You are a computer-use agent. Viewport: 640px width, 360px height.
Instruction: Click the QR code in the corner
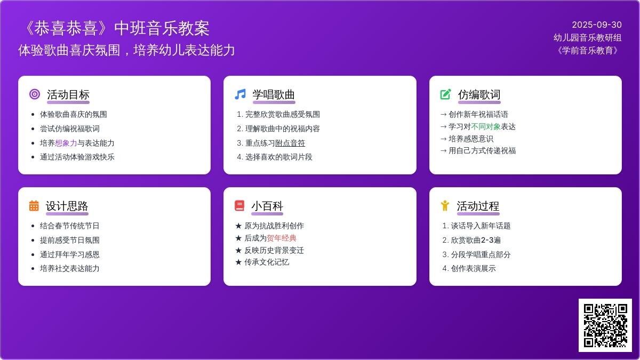point(605,325)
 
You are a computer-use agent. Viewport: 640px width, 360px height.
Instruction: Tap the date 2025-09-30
point(597,25)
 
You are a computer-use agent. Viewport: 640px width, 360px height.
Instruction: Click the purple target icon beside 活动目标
point(35,94)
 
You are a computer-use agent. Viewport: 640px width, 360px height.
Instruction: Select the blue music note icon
point(240,94)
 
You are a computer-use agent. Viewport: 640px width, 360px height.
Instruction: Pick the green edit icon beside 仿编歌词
point(445,94)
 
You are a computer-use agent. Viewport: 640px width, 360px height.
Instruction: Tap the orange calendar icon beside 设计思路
point(34,205)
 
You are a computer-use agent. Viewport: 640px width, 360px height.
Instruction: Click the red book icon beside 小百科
point(239,205)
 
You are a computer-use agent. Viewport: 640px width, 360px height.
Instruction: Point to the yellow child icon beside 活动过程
point(445,205)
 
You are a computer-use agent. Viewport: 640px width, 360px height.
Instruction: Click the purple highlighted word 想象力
point(66,143)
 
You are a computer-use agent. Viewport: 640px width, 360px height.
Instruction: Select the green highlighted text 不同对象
point(486,126)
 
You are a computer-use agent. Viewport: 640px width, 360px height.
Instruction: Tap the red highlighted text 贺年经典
point(282,238)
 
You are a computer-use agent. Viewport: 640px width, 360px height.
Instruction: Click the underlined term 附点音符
point(290,143)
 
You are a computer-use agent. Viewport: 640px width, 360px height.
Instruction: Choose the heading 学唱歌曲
point(274,94)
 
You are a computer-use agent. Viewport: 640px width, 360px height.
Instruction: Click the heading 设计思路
point(67,206)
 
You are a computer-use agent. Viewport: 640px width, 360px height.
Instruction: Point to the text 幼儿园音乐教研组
point(587,37)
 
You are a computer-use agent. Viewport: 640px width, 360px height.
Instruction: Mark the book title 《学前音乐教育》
point(587,50)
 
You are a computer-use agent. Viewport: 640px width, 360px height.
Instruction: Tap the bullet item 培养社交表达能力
point(69,268)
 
